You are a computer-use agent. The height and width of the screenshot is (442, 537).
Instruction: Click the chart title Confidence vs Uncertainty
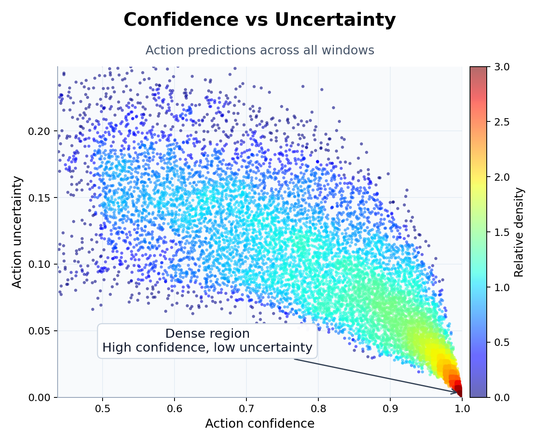coord(260,20)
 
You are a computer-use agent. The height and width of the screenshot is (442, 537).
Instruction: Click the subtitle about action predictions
coord(260,50)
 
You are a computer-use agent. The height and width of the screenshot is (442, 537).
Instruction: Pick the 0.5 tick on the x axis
coord(103,409)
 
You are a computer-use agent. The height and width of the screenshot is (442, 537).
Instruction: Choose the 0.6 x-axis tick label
coord(175,409)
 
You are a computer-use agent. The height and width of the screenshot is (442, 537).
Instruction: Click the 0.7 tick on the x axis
coord(246,409)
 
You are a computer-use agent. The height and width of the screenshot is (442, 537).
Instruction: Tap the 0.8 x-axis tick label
coord(318,409)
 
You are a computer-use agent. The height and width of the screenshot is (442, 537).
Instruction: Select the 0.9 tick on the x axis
coord(390,409)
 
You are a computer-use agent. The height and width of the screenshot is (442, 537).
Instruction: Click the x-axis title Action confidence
coord(260,424)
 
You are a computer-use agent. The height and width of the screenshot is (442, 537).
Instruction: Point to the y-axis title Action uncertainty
coord(17,232)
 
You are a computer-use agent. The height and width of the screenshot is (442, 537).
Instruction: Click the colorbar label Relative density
coord(519,232)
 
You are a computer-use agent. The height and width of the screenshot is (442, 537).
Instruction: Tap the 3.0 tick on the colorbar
coord(498,67)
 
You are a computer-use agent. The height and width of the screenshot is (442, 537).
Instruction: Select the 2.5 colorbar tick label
coord(498,122)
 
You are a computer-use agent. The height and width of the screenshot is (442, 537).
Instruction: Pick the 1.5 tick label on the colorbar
coord(498,232)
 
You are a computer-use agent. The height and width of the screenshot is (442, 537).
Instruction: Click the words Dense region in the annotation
coord(207,334)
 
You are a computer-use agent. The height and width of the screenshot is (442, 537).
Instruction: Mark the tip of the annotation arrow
coord(458,393)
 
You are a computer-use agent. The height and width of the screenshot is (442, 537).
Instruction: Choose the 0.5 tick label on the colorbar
coord(498,342)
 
